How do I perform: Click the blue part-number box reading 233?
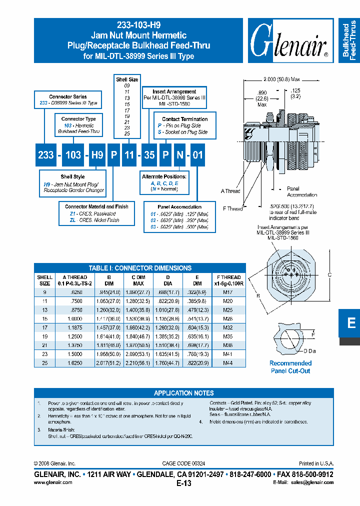(46, 155)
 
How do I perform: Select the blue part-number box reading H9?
(97, 155)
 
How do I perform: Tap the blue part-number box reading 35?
(149, 155)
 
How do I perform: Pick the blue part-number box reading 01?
(198, 155)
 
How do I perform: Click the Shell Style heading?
(72, 176)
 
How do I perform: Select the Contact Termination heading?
(185, 119)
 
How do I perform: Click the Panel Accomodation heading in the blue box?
(179, 206)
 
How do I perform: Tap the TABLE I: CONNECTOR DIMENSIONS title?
(140, 268)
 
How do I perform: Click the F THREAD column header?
(228, 277)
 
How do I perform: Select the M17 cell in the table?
(228, 291)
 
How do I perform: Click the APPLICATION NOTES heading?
(183, 393)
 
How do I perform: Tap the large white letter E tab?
(351, 323)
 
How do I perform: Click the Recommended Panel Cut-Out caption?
(290, 367)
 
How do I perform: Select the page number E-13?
(184, 483)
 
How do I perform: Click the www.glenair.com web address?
(53, 482)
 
